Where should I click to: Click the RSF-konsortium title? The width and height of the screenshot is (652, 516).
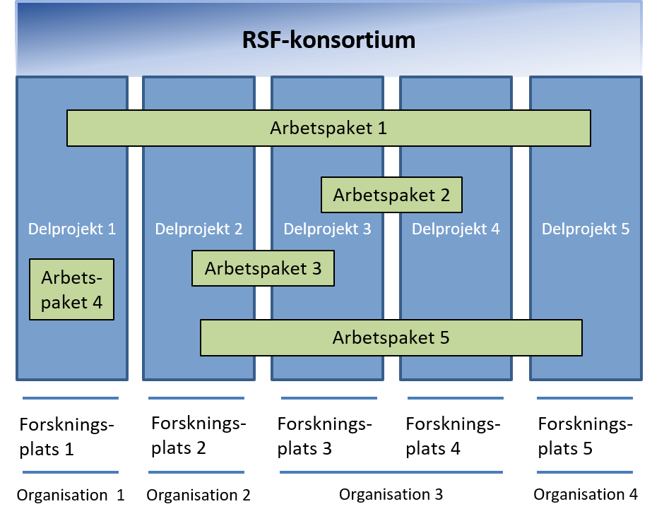click(x=328, y=40)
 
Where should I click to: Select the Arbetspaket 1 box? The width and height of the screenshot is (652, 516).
click(x=328, y=128)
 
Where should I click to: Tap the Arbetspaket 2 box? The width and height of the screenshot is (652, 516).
click(x=391, y=195)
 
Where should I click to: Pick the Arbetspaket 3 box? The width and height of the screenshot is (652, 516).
click(x=263, y=268)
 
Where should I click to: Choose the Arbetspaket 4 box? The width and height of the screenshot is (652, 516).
click(x=71, y=289)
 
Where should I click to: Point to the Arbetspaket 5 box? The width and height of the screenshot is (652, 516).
click(x=391, y=338)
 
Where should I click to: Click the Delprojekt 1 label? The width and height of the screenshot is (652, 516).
click(x=72, y=229)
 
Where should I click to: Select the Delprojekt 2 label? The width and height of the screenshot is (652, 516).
click(x=198, y=229)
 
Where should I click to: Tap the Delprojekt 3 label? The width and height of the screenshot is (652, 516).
click(x=327, y=229)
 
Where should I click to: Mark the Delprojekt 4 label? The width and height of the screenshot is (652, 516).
click(x=456, y=229)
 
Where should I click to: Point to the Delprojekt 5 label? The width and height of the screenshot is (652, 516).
click(x=586, y=229)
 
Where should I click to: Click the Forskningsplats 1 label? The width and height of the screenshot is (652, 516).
click(x=66, y=437)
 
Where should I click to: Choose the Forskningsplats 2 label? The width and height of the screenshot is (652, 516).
click(x=198, y=436)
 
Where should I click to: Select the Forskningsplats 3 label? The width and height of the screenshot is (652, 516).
click(x=324, y=436)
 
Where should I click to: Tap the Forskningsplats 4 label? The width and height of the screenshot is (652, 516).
click(x=453, y=436)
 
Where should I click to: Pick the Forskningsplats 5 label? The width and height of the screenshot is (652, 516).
click(x=585, y=436)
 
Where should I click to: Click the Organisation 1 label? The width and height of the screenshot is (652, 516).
click(x=71, y=496)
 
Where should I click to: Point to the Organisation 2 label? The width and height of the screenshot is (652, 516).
click(x=198, y=496)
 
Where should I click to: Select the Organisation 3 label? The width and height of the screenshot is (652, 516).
click(x=391, y=494)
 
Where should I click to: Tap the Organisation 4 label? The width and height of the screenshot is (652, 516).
click(x=586, y=494)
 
